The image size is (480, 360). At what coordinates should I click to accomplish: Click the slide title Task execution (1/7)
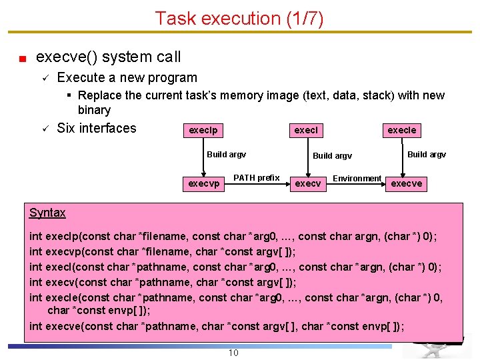pos(239,18)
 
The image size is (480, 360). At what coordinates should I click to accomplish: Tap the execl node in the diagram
pos(306,131)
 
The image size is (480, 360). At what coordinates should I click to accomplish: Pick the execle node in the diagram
pos(402,131)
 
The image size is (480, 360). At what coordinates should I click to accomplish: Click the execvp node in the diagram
pos(204,183)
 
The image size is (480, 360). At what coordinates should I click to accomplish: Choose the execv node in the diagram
pos(308,183)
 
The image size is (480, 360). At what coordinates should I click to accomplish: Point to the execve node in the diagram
pos(407,183)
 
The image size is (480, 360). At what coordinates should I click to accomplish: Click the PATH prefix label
pos(256,178)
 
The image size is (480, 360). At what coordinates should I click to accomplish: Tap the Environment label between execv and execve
pos(357,179)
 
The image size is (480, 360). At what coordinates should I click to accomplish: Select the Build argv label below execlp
pos(226,155)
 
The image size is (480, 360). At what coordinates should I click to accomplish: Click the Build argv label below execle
pos(427,155)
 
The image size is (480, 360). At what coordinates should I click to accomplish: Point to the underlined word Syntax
pos(47,213)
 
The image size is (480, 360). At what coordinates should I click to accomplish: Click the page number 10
pos(233,353)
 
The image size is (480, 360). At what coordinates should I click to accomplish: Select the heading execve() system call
pos(108,57)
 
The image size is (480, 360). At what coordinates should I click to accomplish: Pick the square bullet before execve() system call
pos(23,58)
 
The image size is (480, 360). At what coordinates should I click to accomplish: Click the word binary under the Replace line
pos(94,110)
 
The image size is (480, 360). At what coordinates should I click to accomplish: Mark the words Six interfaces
pos(97,128)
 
